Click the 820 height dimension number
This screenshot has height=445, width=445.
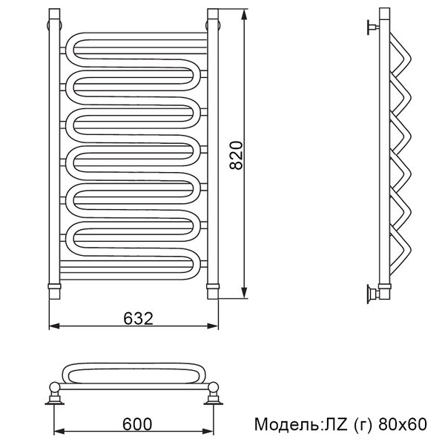pyautogui.click(x=236, y=155)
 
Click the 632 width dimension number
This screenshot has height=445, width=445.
pyautogui.click(x=138, y=318)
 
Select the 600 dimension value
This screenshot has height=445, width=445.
pyautogui.click(x=137, y=424)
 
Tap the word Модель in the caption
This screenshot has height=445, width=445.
pyautogui.click(x=287, y=424)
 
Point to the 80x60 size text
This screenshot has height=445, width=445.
pyautogui.click(x=403, y=424)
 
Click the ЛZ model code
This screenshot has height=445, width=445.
pyautogui.click(x=336, y=424)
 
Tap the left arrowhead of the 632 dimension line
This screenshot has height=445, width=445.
pyautogui.click(x=54, y=326)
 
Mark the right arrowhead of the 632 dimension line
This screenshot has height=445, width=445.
pyautogui.click(x=213, y=326)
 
